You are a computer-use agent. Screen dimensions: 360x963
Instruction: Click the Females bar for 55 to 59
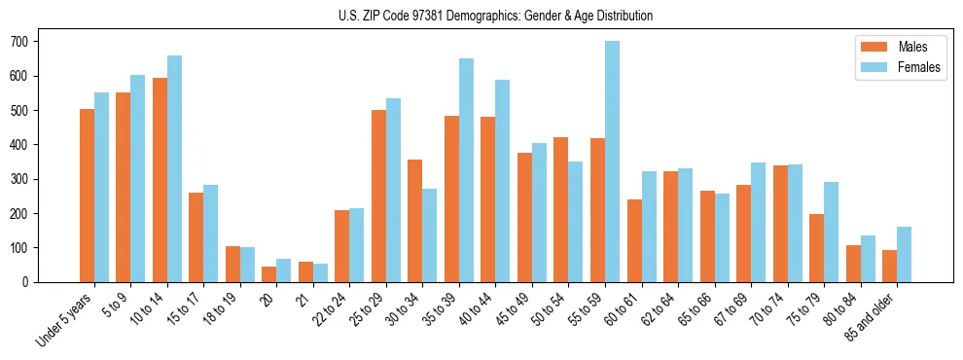612,162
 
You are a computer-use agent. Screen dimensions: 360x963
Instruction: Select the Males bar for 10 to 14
160,180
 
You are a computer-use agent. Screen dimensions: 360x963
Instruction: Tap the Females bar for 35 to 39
466,170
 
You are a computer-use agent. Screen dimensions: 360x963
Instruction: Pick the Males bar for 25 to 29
378,196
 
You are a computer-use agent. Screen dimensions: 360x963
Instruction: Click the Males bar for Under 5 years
87,196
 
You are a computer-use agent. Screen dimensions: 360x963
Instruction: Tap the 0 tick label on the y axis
27,282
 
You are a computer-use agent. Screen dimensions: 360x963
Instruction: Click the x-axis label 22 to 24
332,309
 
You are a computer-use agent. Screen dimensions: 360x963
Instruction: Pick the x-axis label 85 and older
872,316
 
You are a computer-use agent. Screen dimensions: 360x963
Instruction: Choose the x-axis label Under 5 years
66,319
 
